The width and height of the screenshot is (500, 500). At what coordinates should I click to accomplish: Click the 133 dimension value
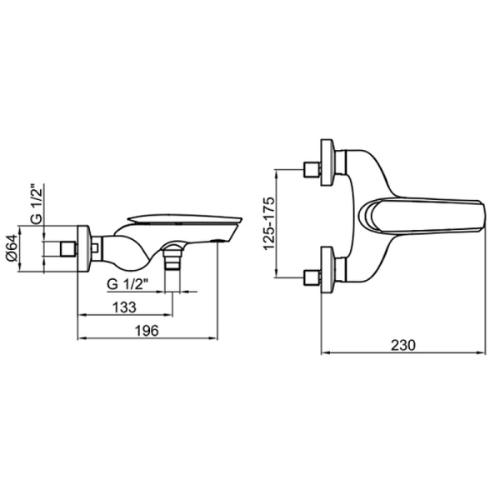click(x=124, y=307)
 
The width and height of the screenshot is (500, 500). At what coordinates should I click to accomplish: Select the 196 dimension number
click(x=147, y=331)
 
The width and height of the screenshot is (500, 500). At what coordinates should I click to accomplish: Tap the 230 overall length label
click(x=403, y=345)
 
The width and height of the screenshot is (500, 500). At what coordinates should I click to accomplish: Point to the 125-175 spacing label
click(x=268, y=223)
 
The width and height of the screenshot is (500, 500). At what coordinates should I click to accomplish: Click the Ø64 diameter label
click(x=12, y=248)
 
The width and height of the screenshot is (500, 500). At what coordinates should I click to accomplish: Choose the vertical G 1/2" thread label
click(x=37, y=204)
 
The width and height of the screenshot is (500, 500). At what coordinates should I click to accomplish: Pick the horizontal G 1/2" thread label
click(x=127, y=284)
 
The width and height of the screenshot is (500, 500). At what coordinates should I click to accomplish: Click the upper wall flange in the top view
click(x=328, y=162)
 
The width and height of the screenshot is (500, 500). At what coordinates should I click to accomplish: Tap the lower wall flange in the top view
click(x=328, y=270)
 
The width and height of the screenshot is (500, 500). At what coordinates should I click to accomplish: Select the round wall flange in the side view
click(x=84, y=248)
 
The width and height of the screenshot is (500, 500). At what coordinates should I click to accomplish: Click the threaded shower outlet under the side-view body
click(x=172, y=258)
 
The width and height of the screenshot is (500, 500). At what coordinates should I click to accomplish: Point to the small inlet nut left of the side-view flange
click(x=68, y=249)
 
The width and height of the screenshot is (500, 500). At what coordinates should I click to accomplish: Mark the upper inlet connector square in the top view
click(x=312, y=169)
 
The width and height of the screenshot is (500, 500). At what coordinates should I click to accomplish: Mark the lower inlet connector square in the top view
click(x=312, y=277)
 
